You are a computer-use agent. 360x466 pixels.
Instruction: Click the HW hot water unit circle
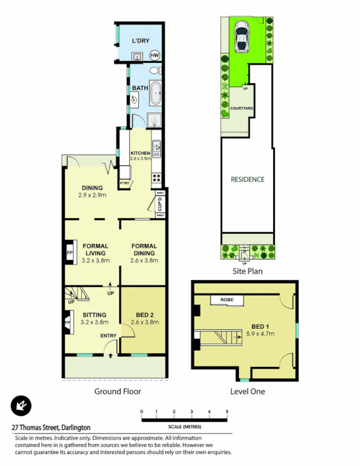[154, 55]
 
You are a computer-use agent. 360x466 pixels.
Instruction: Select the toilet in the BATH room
[154, 71]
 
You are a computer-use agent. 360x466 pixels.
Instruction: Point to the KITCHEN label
[140, 153]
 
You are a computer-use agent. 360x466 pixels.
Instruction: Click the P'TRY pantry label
[125, 183]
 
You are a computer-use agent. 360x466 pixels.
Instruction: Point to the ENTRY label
[108, 336]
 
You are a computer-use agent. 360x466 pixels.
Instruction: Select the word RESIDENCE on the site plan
[248, 179]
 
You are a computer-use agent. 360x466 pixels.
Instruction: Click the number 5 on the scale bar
[227, 412]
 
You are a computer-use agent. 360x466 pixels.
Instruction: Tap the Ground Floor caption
[118, 391]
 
